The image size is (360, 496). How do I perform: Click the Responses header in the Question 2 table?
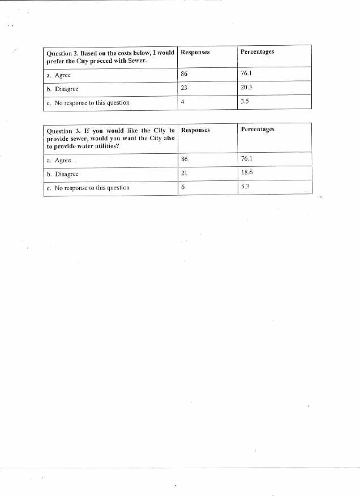195,52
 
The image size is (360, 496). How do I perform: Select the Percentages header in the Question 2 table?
257,51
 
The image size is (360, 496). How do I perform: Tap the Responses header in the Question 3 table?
195,130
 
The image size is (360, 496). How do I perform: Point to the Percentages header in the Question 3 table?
258,129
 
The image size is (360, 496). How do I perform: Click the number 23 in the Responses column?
184,88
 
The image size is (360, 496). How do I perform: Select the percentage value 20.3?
246,88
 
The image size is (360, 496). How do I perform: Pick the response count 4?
182,102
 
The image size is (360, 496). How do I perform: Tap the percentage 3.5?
245,102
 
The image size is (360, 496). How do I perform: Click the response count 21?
184,173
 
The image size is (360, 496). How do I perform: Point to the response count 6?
183,187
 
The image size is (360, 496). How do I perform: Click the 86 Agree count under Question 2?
184,74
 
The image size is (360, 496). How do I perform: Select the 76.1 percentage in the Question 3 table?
247,158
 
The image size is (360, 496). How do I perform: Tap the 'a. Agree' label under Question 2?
59,75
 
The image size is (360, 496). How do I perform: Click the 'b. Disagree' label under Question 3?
62,174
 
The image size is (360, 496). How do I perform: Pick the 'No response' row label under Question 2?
88,103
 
